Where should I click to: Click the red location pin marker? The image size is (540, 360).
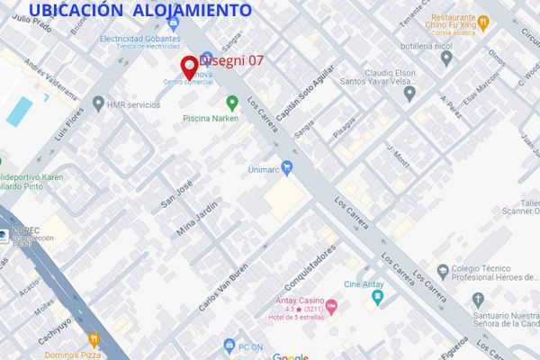click(189, 67)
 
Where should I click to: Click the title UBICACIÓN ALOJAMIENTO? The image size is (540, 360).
click(140, 11)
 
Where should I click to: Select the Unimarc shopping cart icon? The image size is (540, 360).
click(287, 166)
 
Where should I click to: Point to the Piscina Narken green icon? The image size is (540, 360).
click(231, 103)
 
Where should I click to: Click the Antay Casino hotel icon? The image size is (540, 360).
click(331, 309)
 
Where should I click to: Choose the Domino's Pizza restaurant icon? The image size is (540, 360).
click(94, 340)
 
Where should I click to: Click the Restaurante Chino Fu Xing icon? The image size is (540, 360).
click(482, 22)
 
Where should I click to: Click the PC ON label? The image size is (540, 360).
click(249, 346)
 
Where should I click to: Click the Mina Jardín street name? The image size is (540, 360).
click(199, 220)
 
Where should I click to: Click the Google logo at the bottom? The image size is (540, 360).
click(290, 356)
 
